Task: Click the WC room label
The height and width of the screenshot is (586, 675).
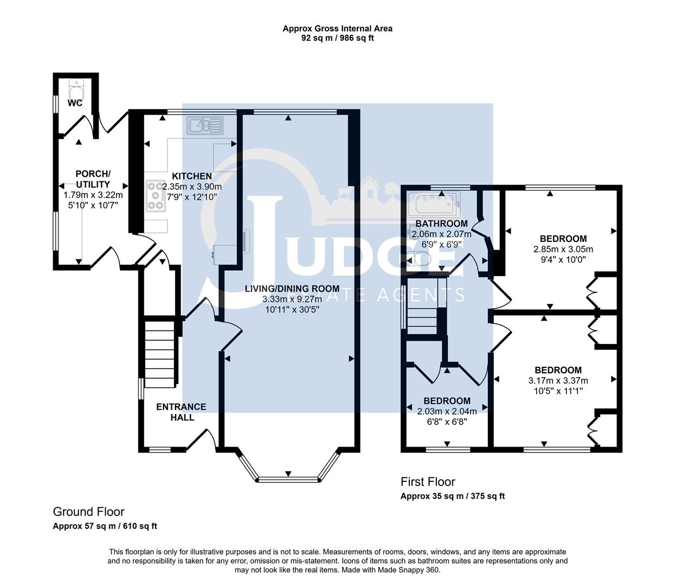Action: (75, 103)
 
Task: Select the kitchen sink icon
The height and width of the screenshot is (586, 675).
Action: (205, 126)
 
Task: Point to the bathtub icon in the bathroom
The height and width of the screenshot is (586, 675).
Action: (437, 205)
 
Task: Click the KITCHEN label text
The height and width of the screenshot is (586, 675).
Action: (192, 176)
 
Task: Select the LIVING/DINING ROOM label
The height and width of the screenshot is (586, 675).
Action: (292, 289)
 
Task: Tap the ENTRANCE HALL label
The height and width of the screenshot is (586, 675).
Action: (181, 412)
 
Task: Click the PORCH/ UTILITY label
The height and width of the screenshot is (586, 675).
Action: (93, 179)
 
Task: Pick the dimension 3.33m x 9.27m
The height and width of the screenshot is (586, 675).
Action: (292, 300)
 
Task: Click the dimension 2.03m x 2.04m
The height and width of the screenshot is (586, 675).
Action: (447, 411)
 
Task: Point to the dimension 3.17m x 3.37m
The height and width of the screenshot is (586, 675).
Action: (558, 380)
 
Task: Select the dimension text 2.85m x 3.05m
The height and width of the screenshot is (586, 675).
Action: (563, 250)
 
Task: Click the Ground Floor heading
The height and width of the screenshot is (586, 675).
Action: (88, 512)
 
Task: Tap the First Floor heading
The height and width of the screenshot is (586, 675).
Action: (428, 481)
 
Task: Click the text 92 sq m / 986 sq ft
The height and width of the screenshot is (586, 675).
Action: (337, 38)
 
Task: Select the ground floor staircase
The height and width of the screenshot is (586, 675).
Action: (161, 353)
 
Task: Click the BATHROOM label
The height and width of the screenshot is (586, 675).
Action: (441, 224)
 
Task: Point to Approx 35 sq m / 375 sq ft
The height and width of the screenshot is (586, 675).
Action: (452, 496)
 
